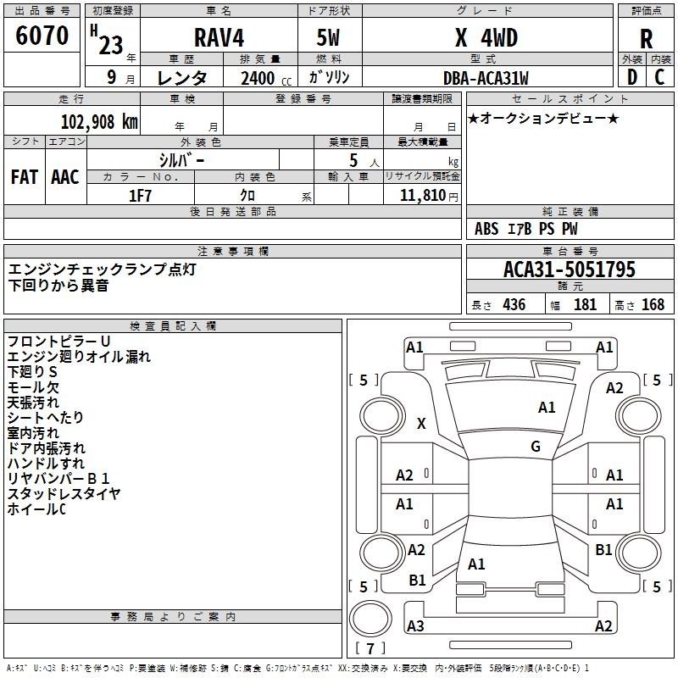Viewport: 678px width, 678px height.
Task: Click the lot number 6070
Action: (x=42, y=36)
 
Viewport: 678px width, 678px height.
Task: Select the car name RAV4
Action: (x=219, y=37)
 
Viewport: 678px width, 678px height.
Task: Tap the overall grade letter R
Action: (x=646, y=39)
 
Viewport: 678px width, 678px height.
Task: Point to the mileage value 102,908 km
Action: (x=99, y=122)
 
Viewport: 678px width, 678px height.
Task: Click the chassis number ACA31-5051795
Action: (x=570, y=270)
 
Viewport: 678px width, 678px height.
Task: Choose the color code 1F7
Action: (x=140, y=196)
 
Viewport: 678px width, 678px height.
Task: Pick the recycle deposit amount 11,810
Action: (x=422, y=196)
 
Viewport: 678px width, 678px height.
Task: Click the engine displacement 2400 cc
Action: (x=266, y=78)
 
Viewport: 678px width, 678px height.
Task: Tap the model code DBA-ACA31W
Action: (x=486, y=78)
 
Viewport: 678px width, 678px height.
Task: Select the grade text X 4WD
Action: (x=486, y=38)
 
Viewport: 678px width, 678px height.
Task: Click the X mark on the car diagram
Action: (x=421, y=423)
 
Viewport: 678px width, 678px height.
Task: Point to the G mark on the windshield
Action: (x=536, y=447)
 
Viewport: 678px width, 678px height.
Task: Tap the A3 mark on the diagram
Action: (x=415, y=625)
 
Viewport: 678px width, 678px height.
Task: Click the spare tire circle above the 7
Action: (x=370, y=618)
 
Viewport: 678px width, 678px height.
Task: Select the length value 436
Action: (x=514, y=305)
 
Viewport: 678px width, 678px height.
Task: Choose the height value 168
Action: (x=653, y=305)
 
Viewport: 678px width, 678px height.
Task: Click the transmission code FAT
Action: (x=25, y=177)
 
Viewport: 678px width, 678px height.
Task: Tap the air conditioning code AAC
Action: (x=65, y=177)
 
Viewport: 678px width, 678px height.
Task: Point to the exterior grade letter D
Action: (x=632, y=77)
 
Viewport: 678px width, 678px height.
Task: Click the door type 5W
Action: (x=328, y=38)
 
